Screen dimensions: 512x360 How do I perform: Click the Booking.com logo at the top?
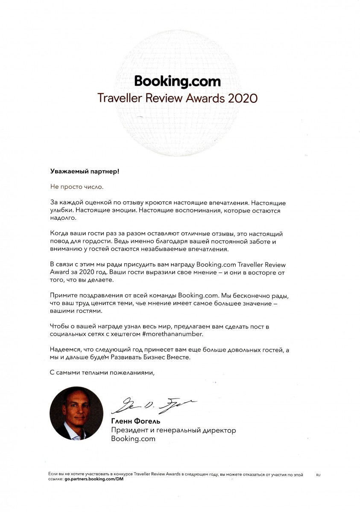click(x=177, y=81)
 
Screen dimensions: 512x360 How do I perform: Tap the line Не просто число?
click(x=77, y=187)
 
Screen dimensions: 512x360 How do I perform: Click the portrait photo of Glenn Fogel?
click(x=76, y=414)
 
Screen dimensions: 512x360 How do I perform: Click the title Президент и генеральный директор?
click(x=173, y=431)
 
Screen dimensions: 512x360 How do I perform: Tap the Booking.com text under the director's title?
click(x=133, y=439)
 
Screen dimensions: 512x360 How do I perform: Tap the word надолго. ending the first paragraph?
click(x=62, y=218)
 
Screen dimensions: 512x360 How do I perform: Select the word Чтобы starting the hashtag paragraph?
click(x=60, y=326)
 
